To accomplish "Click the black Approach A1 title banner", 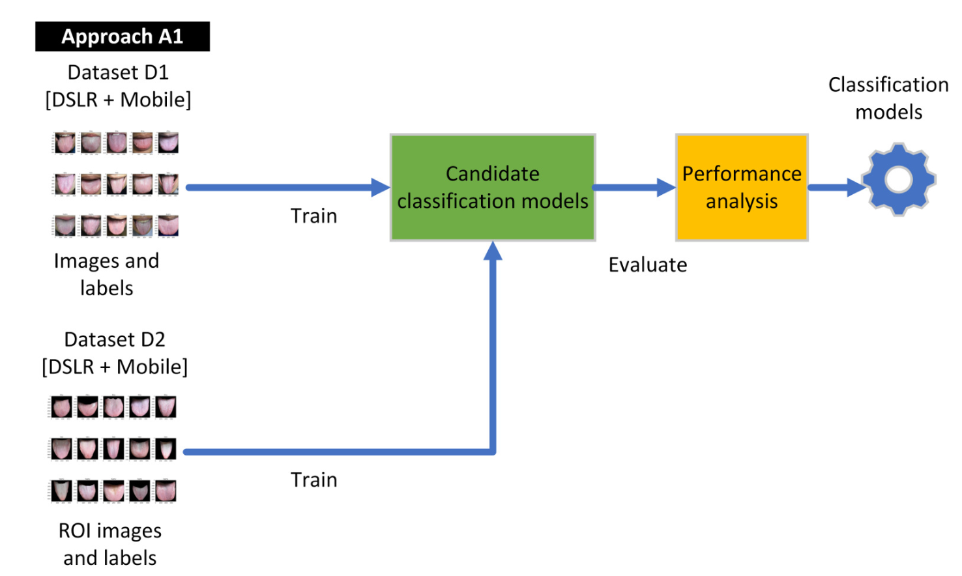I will (x=123, y=36).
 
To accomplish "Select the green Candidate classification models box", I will (x=493, y=188).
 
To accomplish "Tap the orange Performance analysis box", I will (x=742, y=188).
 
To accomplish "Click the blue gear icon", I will (x=899, y=179).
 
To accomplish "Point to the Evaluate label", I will (x=648, y=265).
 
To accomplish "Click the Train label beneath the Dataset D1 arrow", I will (x=313, y=216).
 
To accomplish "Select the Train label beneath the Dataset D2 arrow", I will (x=313, y=480).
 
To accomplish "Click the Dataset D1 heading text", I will (x=118, y=72).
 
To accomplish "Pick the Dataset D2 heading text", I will (x=115, y=339).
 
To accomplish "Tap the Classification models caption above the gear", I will (x=888, y=98).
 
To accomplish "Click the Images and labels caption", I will (x=106, y=274).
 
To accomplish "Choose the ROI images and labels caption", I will (x=110, y=544).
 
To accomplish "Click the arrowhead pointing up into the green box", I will (x=493, y=252).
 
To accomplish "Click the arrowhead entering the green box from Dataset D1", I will (x=380, y=188).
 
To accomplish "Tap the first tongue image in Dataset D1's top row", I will (x=65, y=143).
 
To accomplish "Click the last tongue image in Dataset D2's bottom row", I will (x=166, y=491).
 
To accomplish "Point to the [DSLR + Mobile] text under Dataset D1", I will (x=118, y=100).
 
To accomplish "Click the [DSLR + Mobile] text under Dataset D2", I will (x=115, y=367).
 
